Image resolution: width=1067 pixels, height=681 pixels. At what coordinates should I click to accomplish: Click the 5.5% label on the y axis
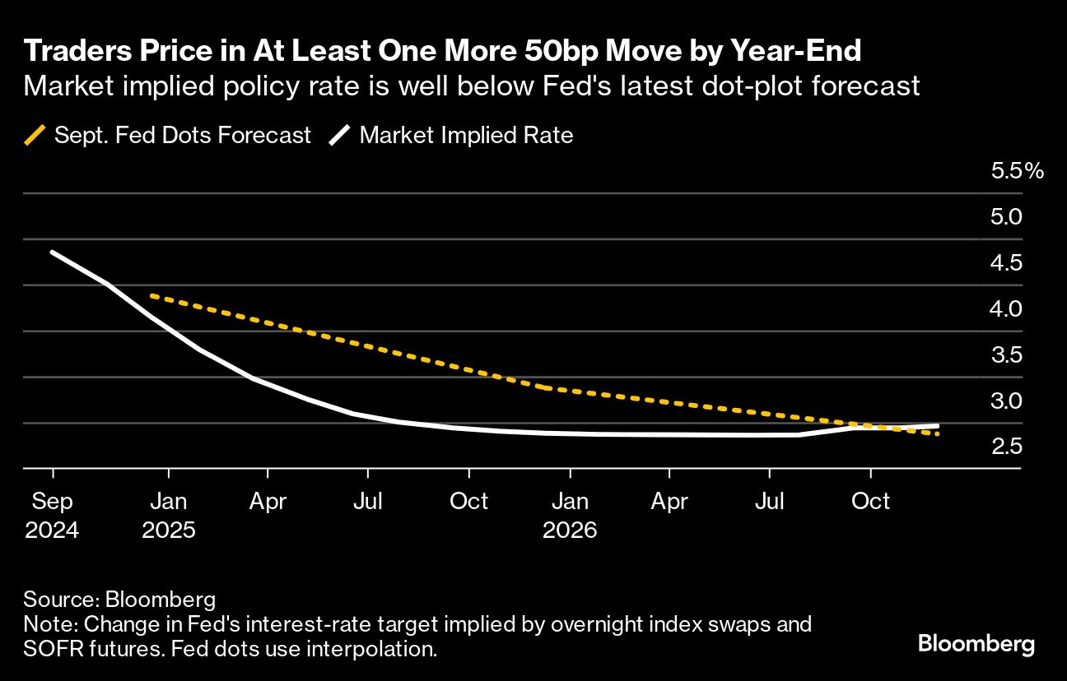[x=1018, y=171]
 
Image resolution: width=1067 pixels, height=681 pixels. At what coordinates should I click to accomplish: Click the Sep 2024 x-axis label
[x=53, y=515]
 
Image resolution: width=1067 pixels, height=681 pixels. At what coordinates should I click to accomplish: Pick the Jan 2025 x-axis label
[x=169, y=515]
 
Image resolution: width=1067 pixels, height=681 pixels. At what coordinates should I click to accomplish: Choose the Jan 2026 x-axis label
[x=570, y=515]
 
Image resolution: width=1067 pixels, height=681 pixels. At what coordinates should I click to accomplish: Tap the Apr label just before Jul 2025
[x=268, y=501]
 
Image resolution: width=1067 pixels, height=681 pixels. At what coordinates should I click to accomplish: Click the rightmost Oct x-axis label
[x=870, y=501]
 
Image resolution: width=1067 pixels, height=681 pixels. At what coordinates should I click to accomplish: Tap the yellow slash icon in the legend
[x=35, y=135]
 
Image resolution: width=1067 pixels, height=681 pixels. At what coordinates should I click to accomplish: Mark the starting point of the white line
[x=53, y=252]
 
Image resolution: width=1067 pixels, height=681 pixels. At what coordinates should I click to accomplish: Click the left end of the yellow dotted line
[x=151, y=295]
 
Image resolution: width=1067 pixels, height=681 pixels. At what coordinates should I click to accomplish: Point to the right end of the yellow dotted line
[x=937, y=433]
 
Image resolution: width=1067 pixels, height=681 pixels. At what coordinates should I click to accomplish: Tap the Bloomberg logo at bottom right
[x=976, y=644]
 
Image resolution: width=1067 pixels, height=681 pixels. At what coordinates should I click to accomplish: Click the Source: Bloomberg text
[x=119, y=599]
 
